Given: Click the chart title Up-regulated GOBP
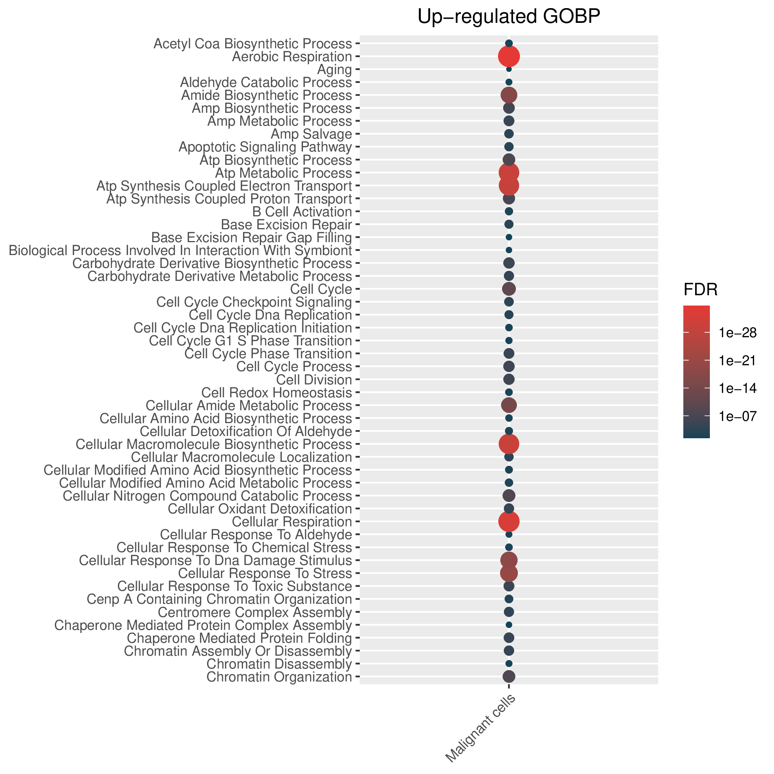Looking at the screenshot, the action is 509,17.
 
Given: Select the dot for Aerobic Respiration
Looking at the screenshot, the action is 509,56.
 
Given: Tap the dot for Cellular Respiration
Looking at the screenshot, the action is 509,522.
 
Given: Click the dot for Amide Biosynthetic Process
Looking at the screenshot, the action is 509,95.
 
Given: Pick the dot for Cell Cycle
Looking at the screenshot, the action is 509,289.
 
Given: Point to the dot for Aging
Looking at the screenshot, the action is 509,69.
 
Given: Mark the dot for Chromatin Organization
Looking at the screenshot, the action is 509,677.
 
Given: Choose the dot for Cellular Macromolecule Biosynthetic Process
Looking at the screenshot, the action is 509,444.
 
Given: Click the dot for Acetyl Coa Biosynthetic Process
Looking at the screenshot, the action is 509,43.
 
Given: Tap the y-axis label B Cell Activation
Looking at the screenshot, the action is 303,212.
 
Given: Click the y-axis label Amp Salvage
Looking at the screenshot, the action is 311,134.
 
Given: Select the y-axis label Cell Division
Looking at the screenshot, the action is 314,379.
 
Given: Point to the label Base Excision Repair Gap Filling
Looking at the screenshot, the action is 252,238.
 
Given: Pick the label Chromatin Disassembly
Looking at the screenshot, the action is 279,664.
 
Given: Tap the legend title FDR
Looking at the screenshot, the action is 701,290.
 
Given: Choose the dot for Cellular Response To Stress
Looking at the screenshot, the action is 509,573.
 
